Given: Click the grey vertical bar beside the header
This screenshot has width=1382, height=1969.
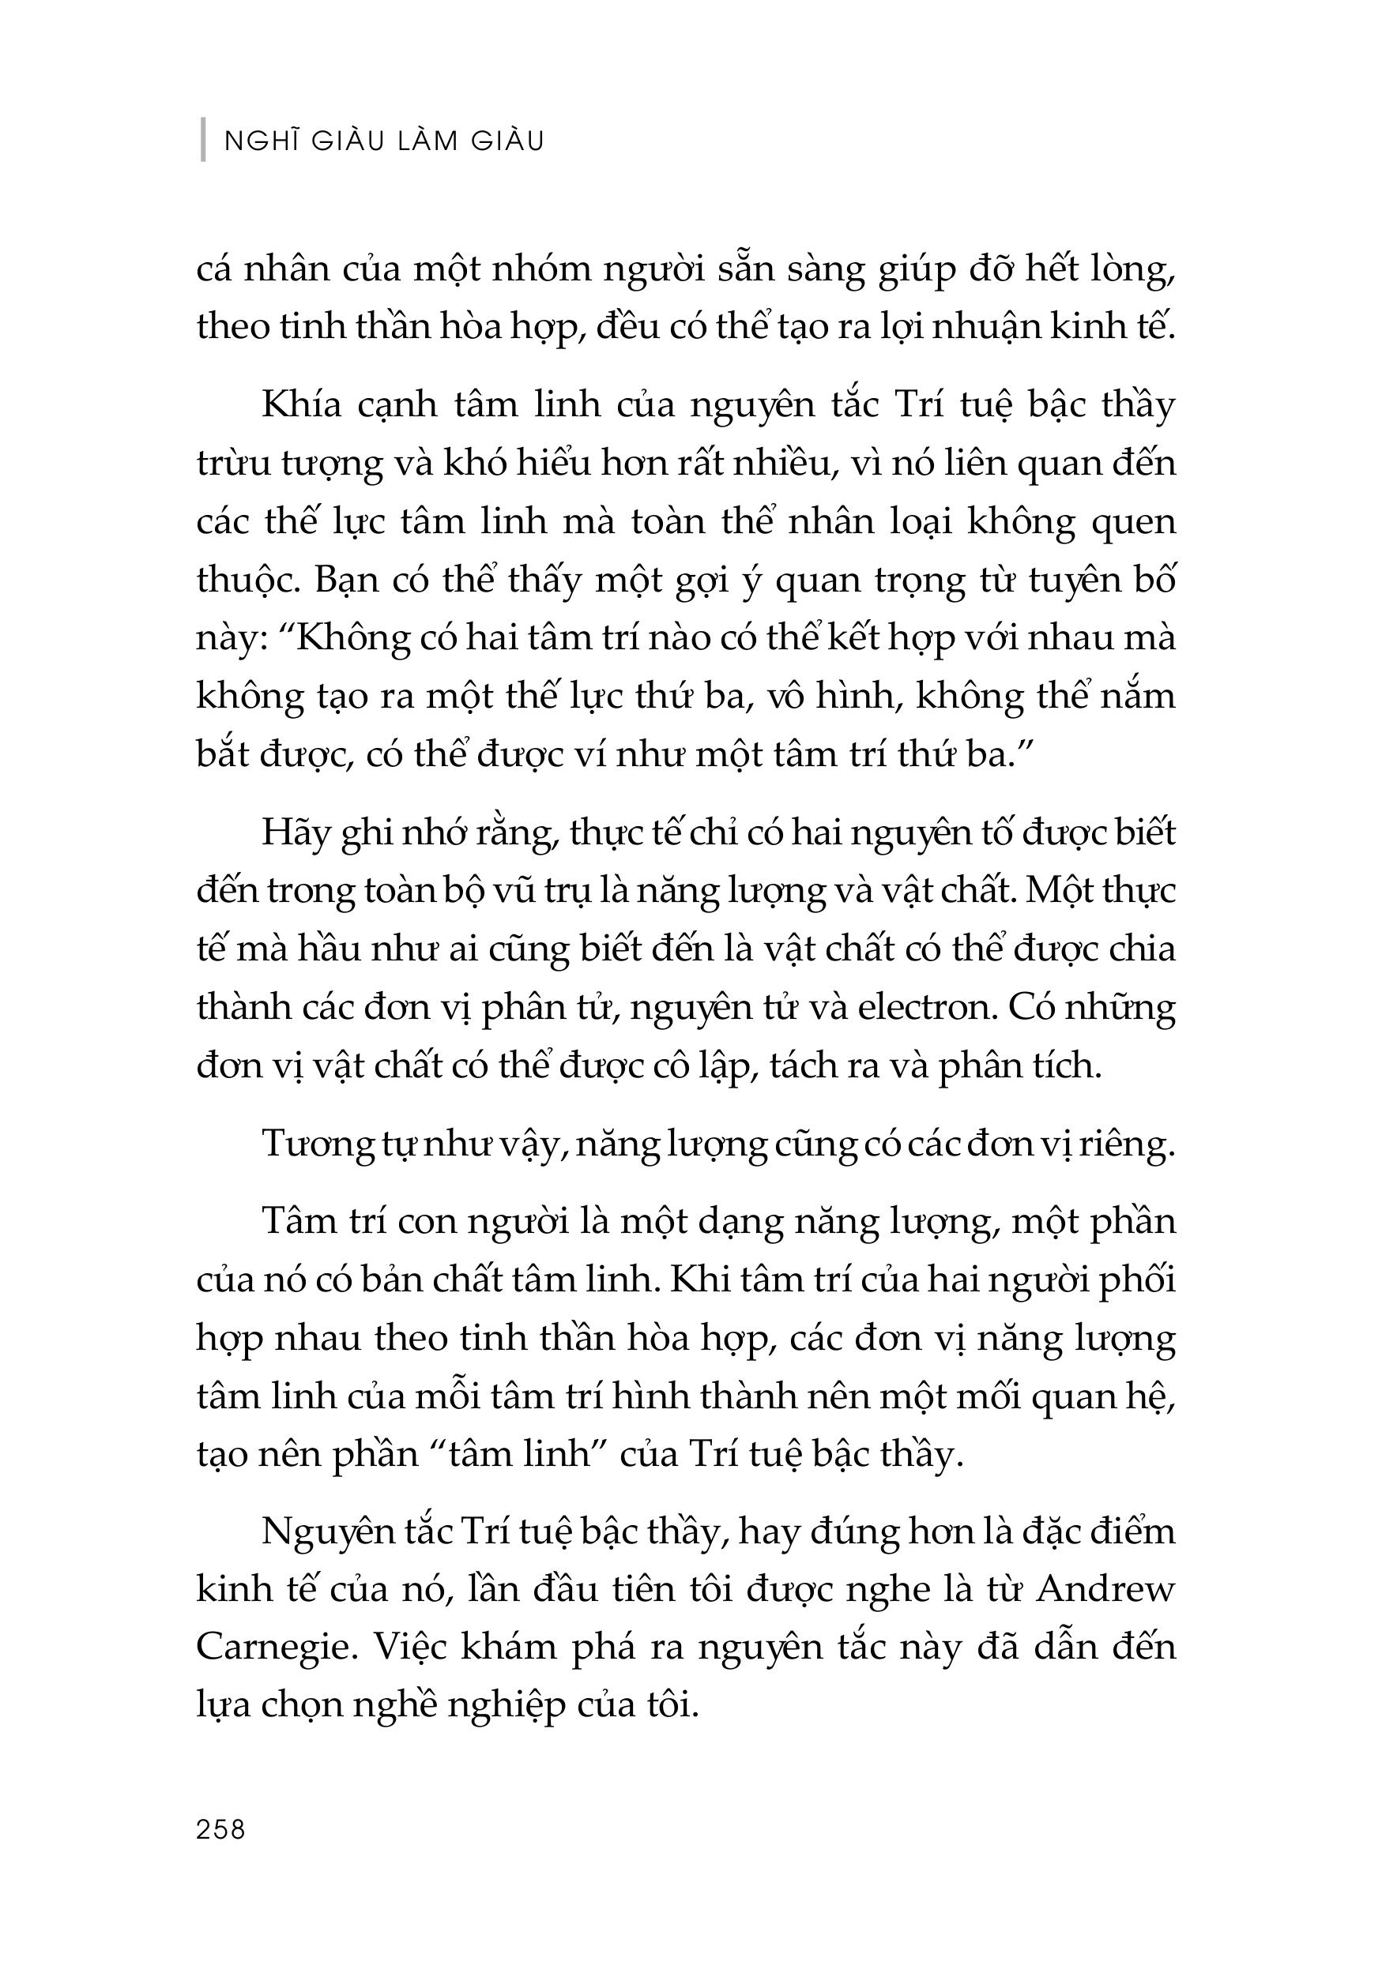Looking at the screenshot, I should [x=203, y=138].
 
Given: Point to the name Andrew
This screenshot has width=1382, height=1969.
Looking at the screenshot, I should [x=1105, y=1589].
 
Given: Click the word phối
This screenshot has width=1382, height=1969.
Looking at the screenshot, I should [x=1139, y=1279].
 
